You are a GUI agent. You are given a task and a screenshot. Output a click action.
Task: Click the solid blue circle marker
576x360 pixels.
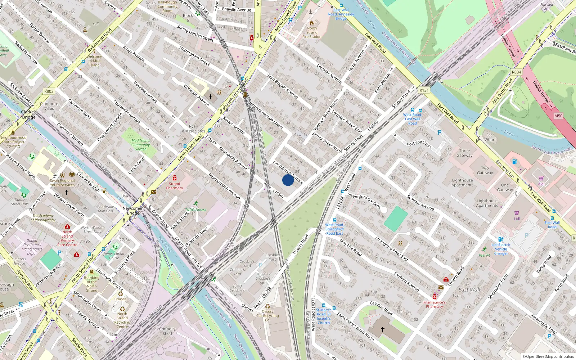pyautogui.click(x=288, y=180)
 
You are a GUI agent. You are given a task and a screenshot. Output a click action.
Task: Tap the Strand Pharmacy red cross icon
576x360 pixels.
pyautogui.click(x=175, y=178)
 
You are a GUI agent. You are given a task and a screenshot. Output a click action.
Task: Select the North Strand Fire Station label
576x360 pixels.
pyautogui.click(x=312, y=32)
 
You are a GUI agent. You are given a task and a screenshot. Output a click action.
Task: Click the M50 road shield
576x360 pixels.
pyautogui.click(x=558, y=116)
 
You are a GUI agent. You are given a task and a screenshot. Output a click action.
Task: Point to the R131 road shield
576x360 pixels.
pyautogui.click(x=424, y=90)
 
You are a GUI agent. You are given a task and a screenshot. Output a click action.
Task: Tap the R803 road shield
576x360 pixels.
pyautogui.click(x=49, y=91)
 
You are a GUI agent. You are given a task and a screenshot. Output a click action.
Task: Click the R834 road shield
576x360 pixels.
pyautogui.click(x=516, y=72)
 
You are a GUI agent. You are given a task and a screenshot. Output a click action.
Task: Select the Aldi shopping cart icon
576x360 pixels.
pyautogui.click(x=541, y=179)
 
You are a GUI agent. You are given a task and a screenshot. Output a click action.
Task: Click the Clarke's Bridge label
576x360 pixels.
pyautogui.click(x=29, y=114)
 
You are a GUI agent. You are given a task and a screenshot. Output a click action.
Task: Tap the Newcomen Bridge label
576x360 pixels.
pyautogui.click(x=133, y=211)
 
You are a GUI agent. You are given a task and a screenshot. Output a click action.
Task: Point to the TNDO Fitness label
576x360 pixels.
pyautogui.click(x=196, y=210)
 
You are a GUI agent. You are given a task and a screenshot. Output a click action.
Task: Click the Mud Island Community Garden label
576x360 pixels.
pyautogui.click(x=140, y=145)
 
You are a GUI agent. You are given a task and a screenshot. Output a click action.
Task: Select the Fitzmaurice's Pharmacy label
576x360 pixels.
pyautogui.click(x=434, y=305)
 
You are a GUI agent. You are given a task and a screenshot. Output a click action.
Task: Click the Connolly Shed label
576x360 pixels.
pyautogui.click(x=167, y=331)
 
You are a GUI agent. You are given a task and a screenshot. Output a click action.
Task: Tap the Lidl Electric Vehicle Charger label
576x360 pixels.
pyautogui.click(x=501, y=249)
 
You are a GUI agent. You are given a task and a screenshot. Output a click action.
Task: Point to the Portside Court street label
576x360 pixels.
pyautogui.click(x=419, y=144)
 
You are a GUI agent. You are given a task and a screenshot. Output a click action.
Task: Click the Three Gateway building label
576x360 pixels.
pyautogui.click(x=464, y=153)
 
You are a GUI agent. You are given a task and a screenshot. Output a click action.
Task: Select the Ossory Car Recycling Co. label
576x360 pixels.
pyautogui.click(x=267, y=316)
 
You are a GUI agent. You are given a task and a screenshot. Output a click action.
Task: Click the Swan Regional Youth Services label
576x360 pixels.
pyautogui.click(x=62, y=183)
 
